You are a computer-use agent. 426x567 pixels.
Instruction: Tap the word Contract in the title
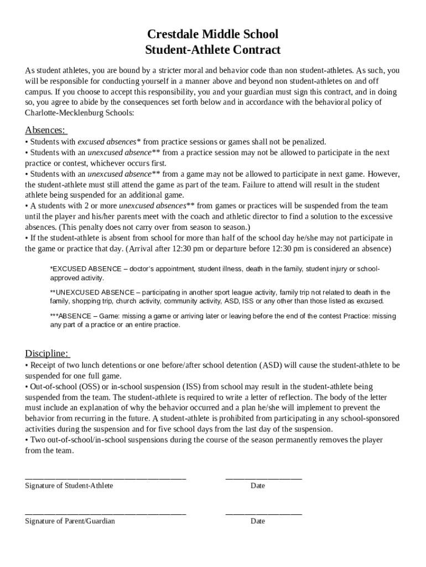pos(256,50)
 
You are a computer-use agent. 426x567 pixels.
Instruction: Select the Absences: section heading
pos(46,130)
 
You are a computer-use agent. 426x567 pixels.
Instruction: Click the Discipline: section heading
pos(48,354)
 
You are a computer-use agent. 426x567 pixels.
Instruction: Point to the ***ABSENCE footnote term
pos(70,316)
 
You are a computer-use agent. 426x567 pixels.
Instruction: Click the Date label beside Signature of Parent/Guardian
pos(257,521)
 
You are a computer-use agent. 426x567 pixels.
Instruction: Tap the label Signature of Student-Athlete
pos(69,486)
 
